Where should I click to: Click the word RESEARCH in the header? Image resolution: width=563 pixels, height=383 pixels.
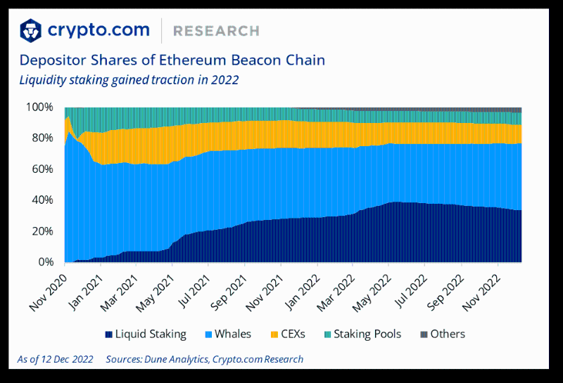pos(216,31)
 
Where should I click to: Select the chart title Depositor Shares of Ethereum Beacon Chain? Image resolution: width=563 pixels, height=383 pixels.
pos(172,60)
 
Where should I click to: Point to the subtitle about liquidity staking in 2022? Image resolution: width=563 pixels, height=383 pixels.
pos(129,79)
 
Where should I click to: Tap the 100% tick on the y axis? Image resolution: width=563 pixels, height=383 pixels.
pos(39,108)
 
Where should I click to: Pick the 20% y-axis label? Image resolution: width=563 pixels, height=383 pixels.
pos(42,231)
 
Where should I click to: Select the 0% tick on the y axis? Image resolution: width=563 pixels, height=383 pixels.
pos(45,262)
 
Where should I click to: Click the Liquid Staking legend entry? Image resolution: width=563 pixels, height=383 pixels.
pos(145,334)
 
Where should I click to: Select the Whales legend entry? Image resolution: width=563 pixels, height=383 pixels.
pos(226,334)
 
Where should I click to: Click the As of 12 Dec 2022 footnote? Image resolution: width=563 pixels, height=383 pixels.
pos(55,359)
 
